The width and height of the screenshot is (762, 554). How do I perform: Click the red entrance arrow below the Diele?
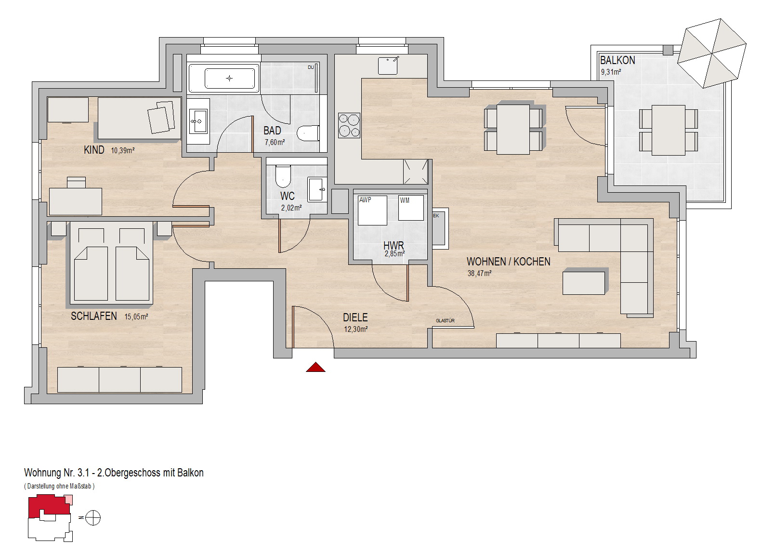[x=315, y=367]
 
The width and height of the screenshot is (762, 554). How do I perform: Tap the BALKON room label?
[x=617, y=60]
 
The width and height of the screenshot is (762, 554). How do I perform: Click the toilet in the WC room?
[x=283, y=176]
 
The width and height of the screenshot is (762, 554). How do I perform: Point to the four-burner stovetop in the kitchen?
[x=349, y=125]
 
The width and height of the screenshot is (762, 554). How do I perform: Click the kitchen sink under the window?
[x=388, y=66]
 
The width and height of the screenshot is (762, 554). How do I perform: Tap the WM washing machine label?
[x=405, y=200]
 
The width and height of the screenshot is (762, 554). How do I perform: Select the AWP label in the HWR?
[x=365, y=200]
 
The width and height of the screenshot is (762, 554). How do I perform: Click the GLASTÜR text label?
[x=445, y=320]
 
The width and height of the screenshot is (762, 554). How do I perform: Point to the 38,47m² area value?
[x=479, y=273]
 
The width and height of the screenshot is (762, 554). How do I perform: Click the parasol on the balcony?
[x=712, y=53]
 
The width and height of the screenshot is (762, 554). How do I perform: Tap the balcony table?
[x=669, y=131]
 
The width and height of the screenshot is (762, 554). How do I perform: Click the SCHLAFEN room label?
[x=94, y=316]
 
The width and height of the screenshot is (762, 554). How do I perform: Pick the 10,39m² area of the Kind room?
[x=123, y=150]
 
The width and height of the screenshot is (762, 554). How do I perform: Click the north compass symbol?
[x=93, y=518]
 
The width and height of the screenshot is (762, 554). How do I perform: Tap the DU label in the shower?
[x=311, y=67]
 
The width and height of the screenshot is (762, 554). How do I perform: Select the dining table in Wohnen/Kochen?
[x=513, y=129]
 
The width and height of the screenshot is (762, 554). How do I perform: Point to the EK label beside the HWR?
[x=436, y=216]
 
